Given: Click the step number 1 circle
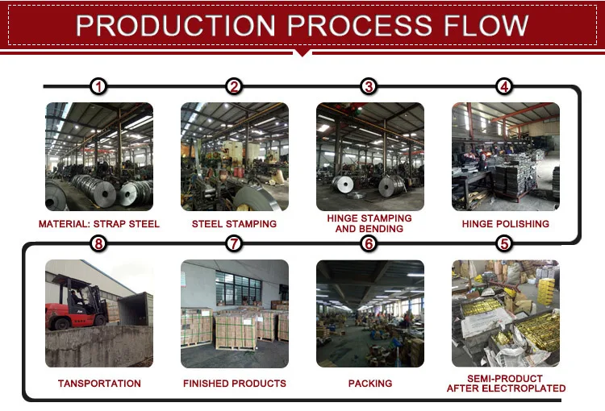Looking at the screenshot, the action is pos(98,86).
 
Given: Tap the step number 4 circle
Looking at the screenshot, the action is pos(504,86).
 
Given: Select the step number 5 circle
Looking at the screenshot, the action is pos(504,243).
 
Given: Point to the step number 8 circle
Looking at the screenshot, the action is pos(98,243).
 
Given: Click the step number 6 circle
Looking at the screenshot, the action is pos(369,243).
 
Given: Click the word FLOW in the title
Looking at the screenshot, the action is pos(486,26).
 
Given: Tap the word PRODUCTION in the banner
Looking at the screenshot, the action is pos(176,26).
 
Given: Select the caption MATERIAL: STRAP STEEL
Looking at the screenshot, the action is pos(99,224).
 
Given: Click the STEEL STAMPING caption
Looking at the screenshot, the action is pos(234,224).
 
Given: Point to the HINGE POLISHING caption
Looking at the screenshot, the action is pos(506,224).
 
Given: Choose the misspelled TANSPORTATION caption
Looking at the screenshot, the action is pos(99,384).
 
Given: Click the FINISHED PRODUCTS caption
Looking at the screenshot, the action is pos(235,384).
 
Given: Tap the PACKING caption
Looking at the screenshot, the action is pos(370,384).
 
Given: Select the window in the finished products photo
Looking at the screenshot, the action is pos(239,288).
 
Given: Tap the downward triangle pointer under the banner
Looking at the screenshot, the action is pos(302,53).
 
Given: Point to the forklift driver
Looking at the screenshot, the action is pos(76,298).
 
